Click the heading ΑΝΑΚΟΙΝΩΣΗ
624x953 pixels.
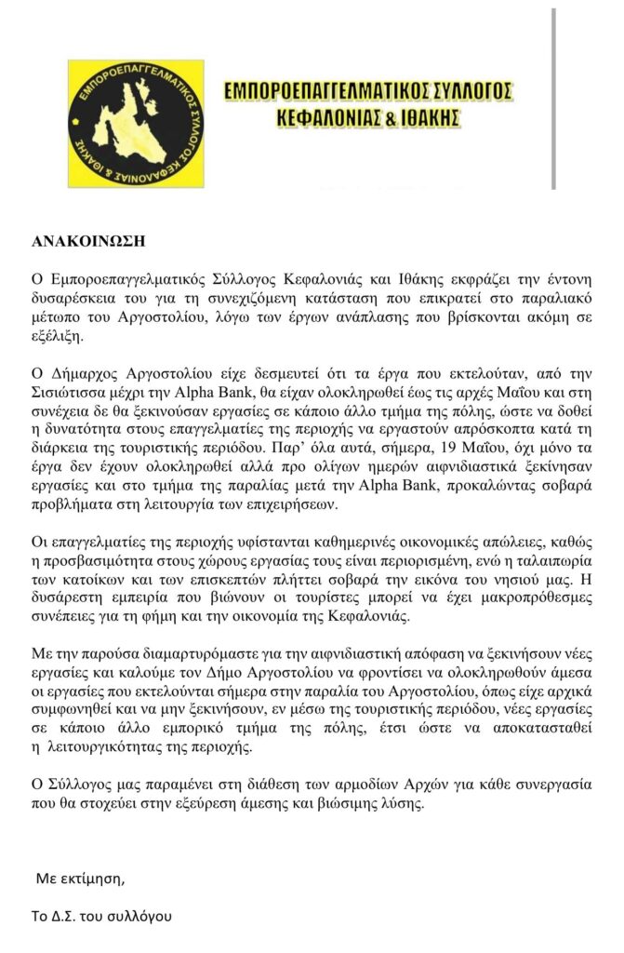[x=88, y=239]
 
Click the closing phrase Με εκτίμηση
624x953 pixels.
[x=79, y=879]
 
